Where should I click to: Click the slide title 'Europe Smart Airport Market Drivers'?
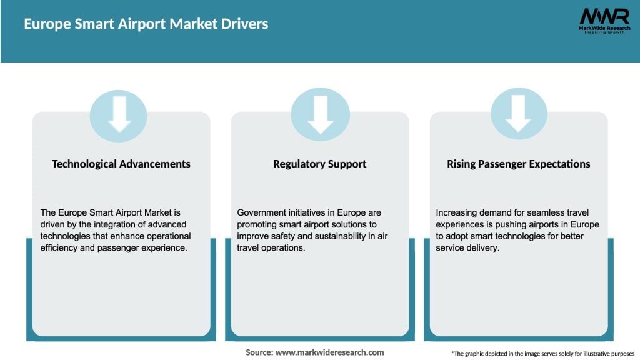(x=146, y=24)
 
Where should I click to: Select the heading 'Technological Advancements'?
(x=121, y=164)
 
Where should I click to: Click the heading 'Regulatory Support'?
(x=319, y=164)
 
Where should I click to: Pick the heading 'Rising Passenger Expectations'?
(x=518, y=164)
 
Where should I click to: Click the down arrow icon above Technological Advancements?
(x=119, y=115)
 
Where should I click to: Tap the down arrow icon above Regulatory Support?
(x=320, y=115)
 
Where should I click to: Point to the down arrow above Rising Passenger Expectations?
(x=518, y=115)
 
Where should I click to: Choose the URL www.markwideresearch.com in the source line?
(x=329, y=352)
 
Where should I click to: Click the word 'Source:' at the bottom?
(x=259, y=352)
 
